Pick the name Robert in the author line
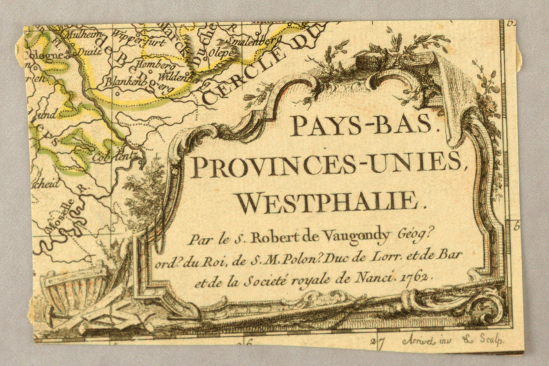(276, 238)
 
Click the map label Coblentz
(111, 155)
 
